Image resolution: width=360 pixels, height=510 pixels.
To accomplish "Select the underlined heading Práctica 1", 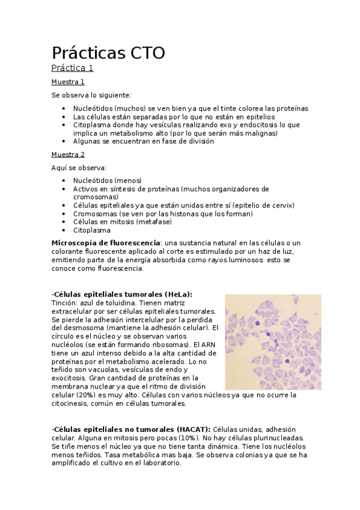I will point(72,68).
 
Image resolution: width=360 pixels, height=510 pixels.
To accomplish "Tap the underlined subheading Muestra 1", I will point(68,82).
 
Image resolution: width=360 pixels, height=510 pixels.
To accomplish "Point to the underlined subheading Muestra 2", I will point(68,155).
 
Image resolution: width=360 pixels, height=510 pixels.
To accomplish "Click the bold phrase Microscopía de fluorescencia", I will point(106,242).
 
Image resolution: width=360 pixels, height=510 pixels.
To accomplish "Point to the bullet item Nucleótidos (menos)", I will point(107,180).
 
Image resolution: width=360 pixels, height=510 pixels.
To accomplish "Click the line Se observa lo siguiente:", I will point(91,95).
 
